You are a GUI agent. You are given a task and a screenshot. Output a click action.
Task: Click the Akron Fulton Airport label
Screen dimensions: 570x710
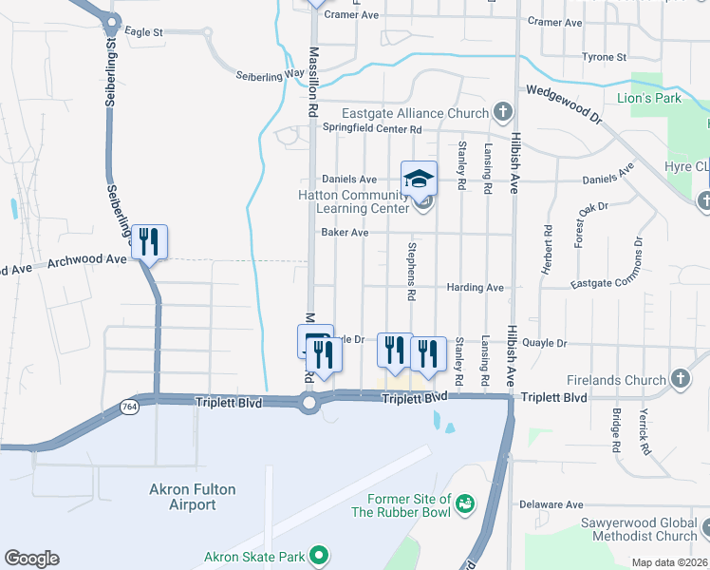click(193, 497)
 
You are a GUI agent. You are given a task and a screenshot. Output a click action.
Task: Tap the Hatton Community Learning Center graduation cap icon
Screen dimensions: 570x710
click(419, 177)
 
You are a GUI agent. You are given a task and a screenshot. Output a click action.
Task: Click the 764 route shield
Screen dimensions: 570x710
click(128, 406)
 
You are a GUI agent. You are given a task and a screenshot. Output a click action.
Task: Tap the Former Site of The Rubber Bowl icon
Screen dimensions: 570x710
click(465, 503)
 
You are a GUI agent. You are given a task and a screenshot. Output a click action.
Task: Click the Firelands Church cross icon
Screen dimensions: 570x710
click(680, 380)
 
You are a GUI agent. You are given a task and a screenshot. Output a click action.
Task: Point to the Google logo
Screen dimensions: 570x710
click(31, 559)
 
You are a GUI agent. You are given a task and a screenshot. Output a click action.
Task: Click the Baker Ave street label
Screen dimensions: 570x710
click(345, 232)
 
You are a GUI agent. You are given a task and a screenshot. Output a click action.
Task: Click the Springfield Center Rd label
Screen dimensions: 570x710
click(371, 128)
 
